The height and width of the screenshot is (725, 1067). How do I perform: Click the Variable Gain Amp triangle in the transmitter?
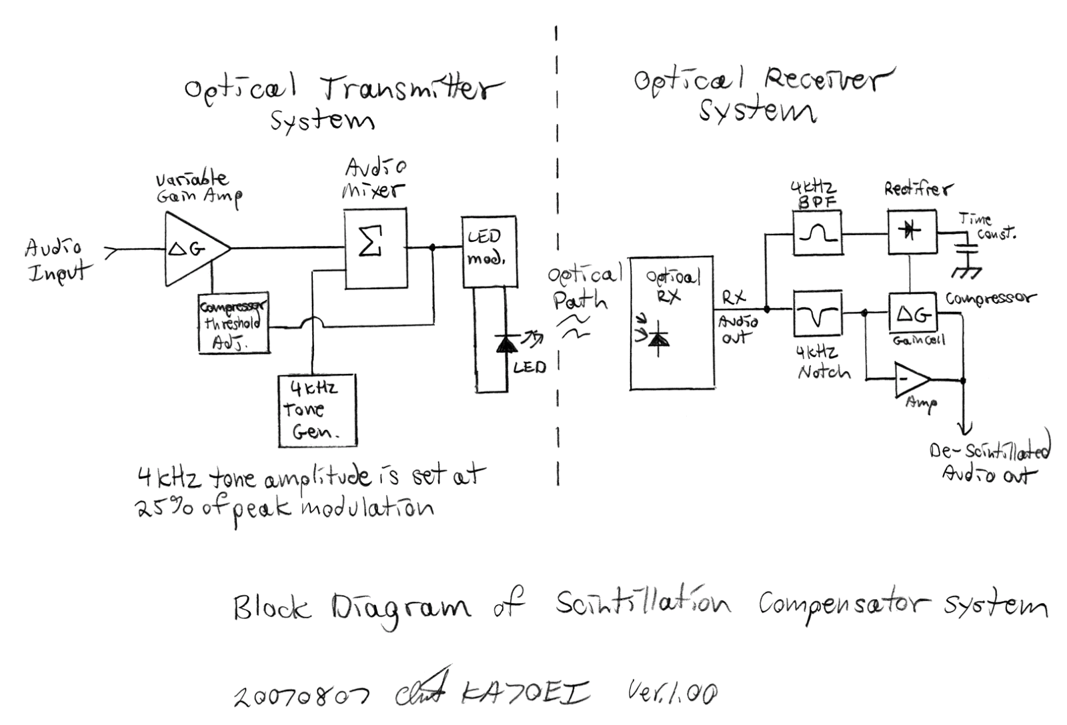coord(193,249)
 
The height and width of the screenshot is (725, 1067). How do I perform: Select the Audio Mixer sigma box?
coord(375,248)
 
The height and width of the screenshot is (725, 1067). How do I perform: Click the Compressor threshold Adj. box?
coord(234,323)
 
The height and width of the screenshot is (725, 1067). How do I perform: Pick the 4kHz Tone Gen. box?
coord(317,410)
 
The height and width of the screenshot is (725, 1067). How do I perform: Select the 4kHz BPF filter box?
coord(817,233)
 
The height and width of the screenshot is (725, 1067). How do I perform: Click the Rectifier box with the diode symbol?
coord(912,232)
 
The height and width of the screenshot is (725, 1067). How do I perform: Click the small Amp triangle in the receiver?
coord(910,380)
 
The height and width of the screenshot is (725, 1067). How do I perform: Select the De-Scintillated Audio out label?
coord(990,462)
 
